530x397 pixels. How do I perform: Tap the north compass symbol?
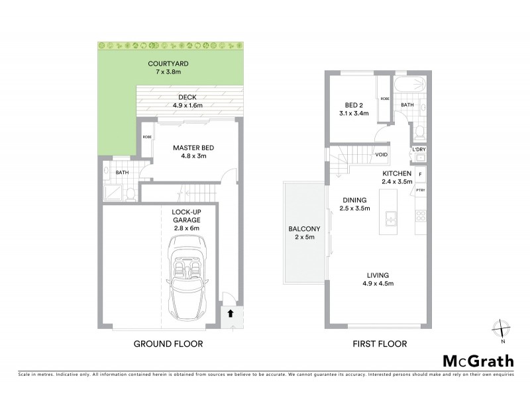click(x=503, y=330)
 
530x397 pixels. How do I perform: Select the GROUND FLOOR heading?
click(x=168, y=344)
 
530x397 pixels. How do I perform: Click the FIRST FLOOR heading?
click(x=380, y=344)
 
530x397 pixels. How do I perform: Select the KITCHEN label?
click(x=398, y=177)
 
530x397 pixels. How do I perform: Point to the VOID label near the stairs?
click(x=381, y=155)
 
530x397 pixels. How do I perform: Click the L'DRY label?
click(x=418, y=150)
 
